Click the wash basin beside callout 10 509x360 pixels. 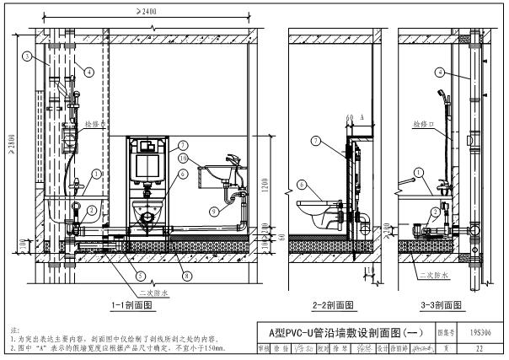pos(214,175)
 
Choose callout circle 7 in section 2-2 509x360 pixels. pos(316,140)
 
